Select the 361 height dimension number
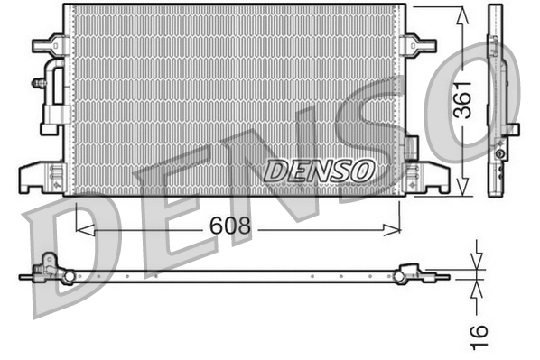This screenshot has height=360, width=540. (x=463, y=100)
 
